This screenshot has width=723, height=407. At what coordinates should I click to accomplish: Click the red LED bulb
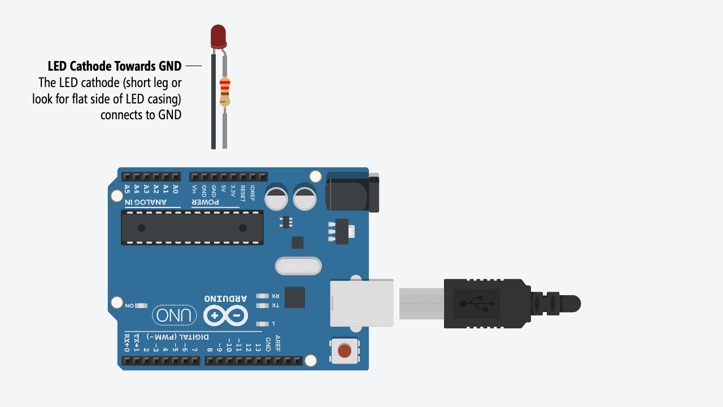pyautogui.click(x=219, y=36)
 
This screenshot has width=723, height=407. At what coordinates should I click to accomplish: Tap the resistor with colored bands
pyautogui.click(x=225, y=92)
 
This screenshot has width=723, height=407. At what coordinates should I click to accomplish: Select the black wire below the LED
pyautogui.click(x=214, y=102)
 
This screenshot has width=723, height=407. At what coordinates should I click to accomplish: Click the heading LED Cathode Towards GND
pyautogui.click(x=115, y=66)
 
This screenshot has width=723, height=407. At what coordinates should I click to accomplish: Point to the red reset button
pyautogui.click(x=344, y=351)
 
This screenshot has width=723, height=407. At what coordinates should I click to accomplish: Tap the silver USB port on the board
pyautogui.click(x=361, y=303)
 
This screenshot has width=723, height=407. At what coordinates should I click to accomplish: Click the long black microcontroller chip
pyautogui.click(x=192, y=228)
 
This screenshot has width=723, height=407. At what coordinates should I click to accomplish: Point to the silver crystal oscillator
pyautogui.click(x=298, y=266)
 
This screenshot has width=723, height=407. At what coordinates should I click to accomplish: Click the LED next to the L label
pyautogui.click(x=262, y=324)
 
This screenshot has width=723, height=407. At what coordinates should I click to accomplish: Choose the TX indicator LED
pyautogui.click(x=262, y=306)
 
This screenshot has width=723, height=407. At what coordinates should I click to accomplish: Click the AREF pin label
pyautogui.click(x=277, y=344)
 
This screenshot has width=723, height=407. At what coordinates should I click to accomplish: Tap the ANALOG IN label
pyautogui.click(x=146, y=202)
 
